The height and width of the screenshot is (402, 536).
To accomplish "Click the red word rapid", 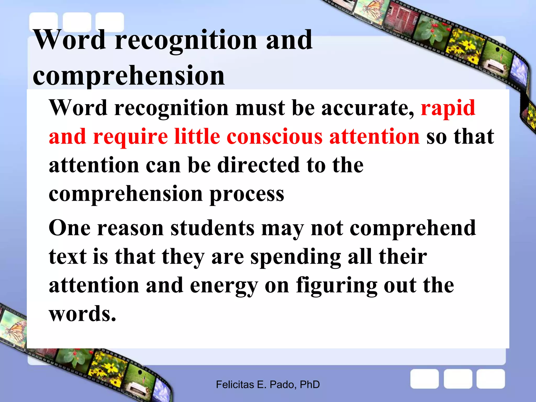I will click(x=448, y=108).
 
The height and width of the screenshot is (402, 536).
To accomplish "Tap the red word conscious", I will click(x=275, y=137).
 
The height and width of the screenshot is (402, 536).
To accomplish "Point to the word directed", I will click(x=259, y=165).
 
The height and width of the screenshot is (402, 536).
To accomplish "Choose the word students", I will click(x=213, y=228).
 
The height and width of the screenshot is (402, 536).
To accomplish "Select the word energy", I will click(x=224, y=286).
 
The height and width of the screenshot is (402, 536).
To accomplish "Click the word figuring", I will click(x=337, y=286).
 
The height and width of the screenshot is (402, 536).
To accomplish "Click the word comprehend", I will click(x=413, y=228).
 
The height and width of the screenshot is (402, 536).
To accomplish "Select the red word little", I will click(x=197, y=137).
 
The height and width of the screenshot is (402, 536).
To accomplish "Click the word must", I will click(x=260, y=108).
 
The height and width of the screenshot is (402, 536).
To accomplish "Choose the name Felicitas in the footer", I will click(x=235, y=385).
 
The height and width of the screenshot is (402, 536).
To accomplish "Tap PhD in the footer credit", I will click(x=310, y=385).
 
